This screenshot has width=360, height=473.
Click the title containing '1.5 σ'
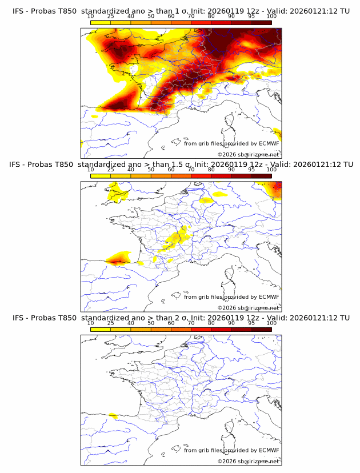(x=181, y=164)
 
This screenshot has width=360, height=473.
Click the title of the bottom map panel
(x=181, y=318)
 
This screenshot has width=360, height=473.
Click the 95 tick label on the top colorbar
(x=251, y=17)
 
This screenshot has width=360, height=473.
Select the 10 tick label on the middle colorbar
(x=91, y=170)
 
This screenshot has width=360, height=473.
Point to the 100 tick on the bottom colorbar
(x=271, y=323)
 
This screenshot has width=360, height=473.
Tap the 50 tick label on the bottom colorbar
(x=151, y=323)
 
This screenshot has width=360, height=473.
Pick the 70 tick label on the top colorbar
(x=191, y=17)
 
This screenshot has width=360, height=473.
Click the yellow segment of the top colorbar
(x=101, y=23)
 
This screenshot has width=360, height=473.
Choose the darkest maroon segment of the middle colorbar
(x=261, y=176)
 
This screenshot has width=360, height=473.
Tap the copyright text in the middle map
(x=249, y=307)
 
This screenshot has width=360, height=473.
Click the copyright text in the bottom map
(x=249, y=461)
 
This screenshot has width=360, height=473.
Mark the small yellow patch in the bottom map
(x=113, y=416)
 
